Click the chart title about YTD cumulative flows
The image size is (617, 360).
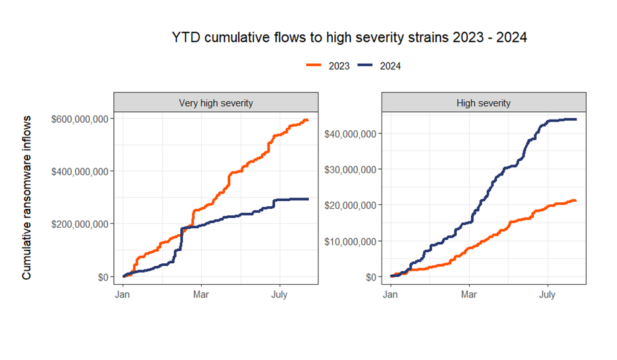[349, 38]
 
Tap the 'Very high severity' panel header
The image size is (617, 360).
[216, 102]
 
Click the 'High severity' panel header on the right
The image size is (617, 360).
[484, 102]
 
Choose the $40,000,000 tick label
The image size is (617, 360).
[352, 133]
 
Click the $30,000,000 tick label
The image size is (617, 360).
[352, 169]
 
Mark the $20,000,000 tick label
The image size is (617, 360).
[352, 205]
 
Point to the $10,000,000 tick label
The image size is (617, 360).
[352, 241]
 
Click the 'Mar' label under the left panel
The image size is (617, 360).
[201, 295]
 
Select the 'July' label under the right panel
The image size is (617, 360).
[547, 295]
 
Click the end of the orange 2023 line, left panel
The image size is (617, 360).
[308, 120]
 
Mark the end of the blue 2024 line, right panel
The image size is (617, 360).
[576, 120]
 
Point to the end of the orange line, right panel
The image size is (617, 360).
[575, 201]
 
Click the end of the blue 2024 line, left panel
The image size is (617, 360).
[308, 199]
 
